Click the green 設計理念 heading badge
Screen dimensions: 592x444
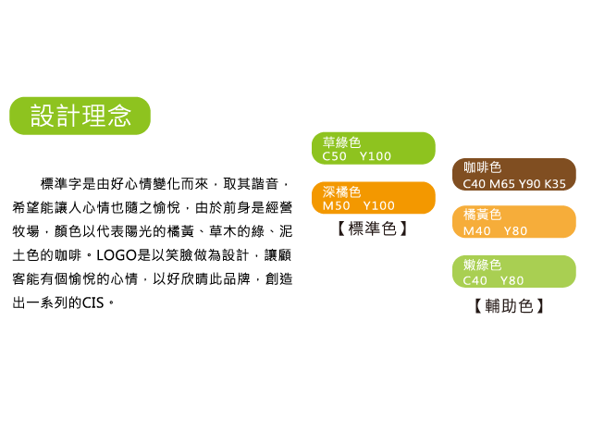tap(80, 116)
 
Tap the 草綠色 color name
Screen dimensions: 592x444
tap(341, 142)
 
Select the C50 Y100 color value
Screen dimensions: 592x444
tap(357, 156)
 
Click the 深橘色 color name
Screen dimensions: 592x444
tap(341, 192)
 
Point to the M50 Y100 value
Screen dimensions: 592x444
tap(359, 205)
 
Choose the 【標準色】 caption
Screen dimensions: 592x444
tap(372, 228)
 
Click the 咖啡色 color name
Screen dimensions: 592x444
tap(483, 167)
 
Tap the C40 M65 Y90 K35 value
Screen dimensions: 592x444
tap(514, 184)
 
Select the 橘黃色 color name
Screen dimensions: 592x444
tap(483, 215)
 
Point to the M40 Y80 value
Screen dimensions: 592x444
tap(495, 230)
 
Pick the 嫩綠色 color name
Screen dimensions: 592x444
tap(483, 265)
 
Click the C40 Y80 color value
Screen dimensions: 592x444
tap(493, 280)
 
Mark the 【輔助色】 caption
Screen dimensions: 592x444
tap(509, 306)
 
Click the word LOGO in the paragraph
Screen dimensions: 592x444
tap(117, 255)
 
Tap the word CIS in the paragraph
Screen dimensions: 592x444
tap(92, 302)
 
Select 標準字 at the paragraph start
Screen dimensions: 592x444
tap(61, 184)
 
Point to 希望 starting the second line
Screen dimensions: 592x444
tap(26, 207)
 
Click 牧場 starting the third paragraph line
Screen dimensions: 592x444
tap(26, 231)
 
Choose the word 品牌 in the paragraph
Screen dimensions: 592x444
tap(237, 279)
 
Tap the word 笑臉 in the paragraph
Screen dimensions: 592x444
tap(179, 255)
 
